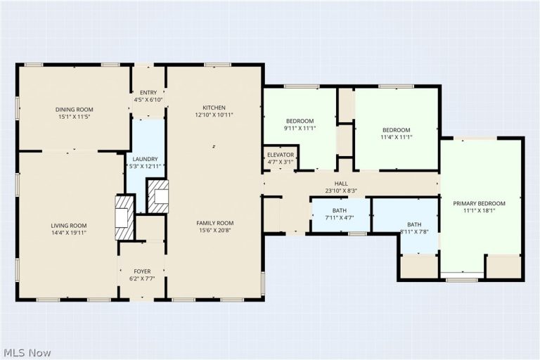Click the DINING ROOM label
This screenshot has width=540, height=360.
point(75,110)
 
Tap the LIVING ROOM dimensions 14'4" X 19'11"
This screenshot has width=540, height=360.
point(69,233)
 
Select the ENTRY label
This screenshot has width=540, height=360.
point(148,93)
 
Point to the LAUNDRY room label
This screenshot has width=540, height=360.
point(145,159)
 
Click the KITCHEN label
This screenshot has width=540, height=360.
point(214,108)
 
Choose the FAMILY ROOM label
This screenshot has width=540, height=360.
point(215,223)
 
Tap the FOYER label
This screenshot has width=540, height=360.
point(142,271)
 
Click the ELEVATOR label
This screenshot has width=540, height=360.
point(281,155)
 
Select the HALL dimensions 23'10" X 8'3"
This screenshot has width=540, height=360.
point(341,191)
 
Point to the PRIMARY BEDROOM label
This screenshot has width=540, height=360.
point(479,204)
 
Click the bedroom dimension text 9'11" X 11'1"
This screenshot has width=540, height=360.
point(300,128)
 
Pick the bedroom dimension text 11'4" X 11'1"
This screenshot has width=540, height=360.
point(397,137)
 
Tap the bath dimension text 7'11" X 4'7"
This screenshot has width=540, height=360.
point(340,218)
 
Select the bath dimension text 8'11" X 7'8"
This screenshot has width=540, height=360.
point(414,232)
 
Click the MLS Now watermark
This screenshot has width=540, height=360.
point(27,353)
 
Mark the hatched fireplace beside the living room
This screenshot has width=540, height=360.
point(124,218)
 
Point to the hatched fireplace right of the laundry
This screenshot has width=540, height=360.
point(158,197)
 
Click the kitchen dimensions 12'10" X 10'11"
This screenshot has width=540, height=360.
point(214,115)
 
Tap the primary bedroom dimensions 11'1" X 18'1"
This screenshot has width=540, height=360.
point(479,211)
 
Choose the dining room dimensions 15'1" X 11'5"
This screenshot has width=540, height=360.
point(75,117)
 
